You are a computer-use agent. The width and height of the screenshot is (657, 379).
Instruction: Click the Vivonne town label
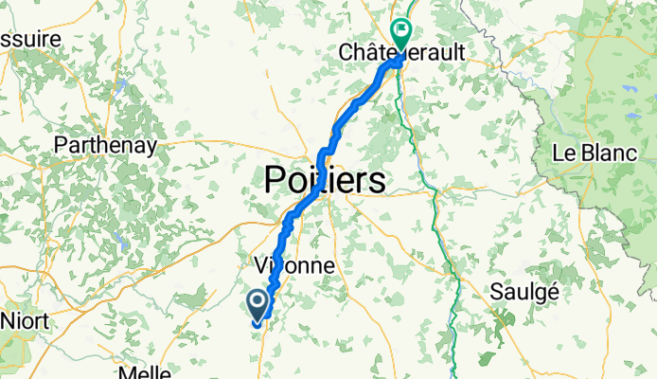(293, 265)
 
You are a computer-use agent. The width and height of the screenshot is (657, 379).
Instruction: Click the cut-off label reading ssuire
(28, 39)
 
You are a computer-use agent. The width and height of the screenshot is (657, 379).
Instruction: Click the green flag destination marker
(401, 34)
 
